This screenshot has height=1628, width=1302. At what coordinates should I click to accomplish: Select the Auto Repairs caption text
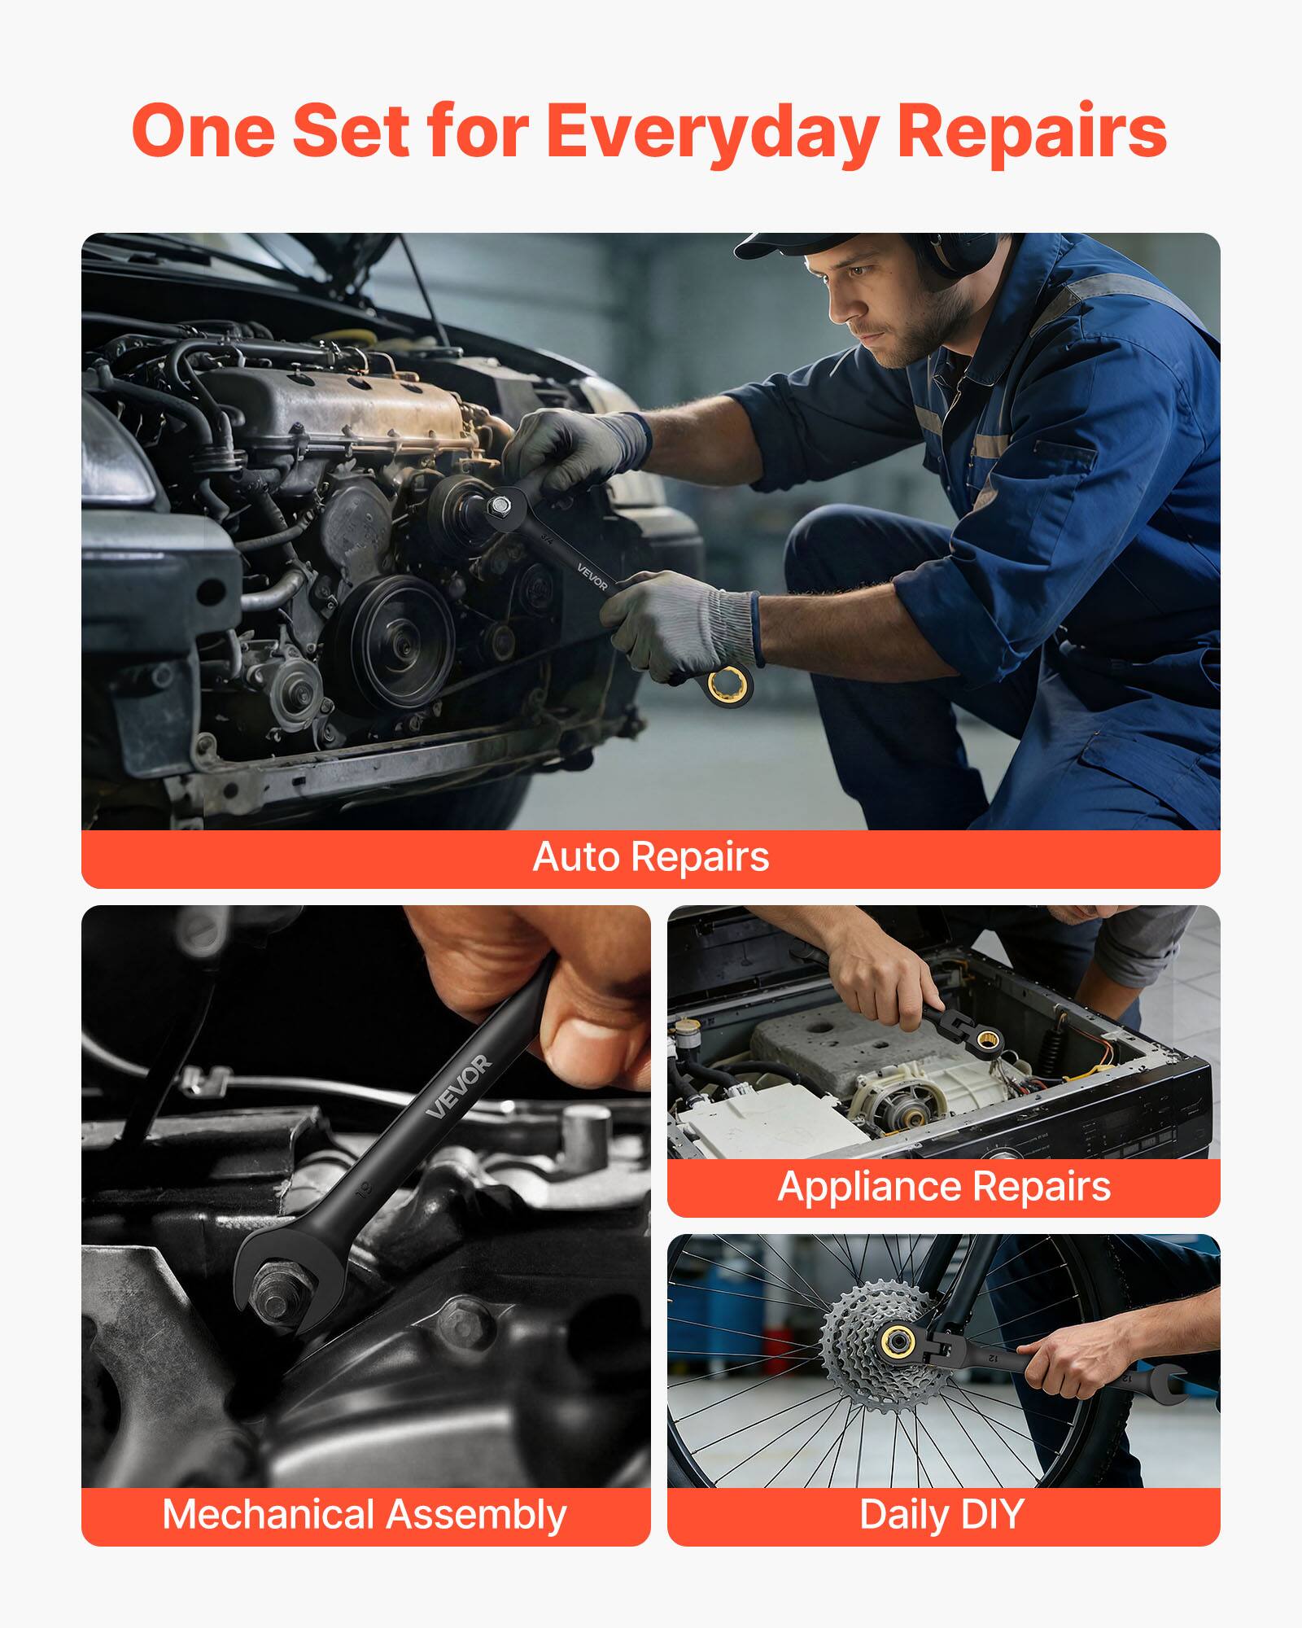pyautogui.click(x=651, y=857)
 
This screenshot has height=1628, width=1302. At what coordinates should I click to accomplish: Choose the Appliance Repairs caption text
pyautogui.click(x=944, y=1186)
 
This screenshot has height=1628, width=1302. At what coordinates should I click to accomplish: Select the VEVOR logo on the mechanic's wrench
pyautogui.click(x=592, y=576)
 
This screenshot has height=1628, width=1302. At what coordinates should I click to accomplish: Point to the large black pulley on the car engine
pyautogui.click(x=391, y=639)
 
